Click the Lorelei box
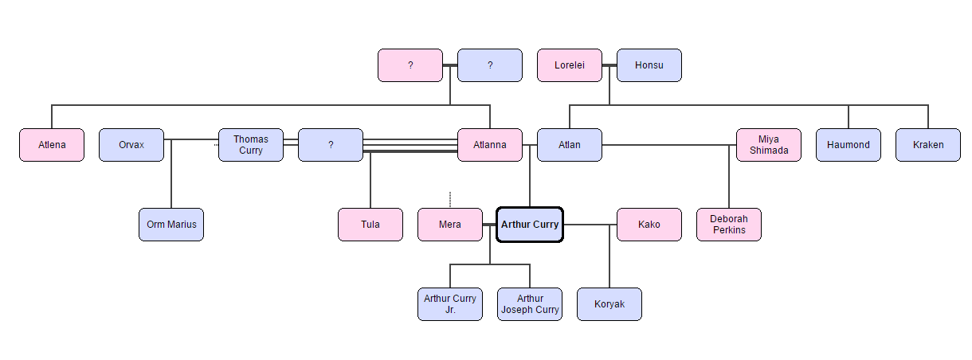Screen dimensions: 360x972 point(569,65)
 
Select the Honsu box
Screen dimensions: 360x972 point(649,65)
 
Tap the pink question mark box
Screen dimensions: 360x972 point(410,65)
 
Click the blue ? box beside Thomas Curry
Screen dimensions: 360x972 point(330,145)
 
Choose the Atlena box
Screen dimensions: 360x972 point(51,145)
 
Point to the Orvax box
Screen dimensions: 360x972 point(131,145)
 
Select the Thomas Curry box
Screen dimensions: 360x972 point(250,145)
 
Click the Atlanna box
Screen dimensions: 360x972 point(489,145)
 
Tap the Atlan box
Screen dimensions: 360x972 point(569,145)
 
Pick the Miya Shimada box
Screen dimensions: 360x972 point(768,145)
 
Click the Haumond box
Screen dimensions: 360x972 point(848,145)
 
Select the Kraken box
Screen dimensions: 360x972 point(927,145)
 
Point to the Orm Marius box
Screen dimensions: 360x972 point(170,225)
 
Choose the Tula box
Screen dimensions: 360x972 point(370,225)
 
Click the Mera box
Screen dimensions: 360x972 point(449,225)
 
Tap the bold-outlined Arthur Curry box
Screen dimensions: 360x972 point(530,225)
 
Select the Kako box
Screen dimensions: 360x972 point(649,225)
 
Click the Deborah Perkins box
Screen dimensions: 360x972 point(728,225)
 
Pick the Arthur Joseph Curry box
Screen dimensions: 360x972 point(529,304)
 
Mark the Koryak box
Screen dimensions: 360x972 point(609,304)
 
